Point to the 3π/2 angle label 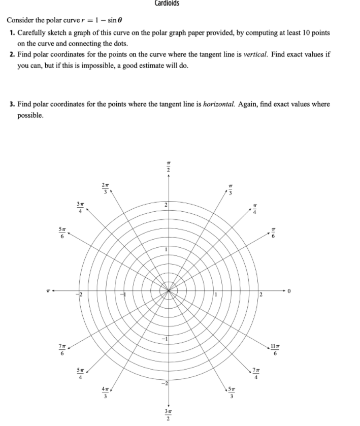169,414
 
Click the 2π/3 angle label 104,187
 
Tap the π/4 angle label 256,209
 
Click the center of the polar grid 169,290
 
